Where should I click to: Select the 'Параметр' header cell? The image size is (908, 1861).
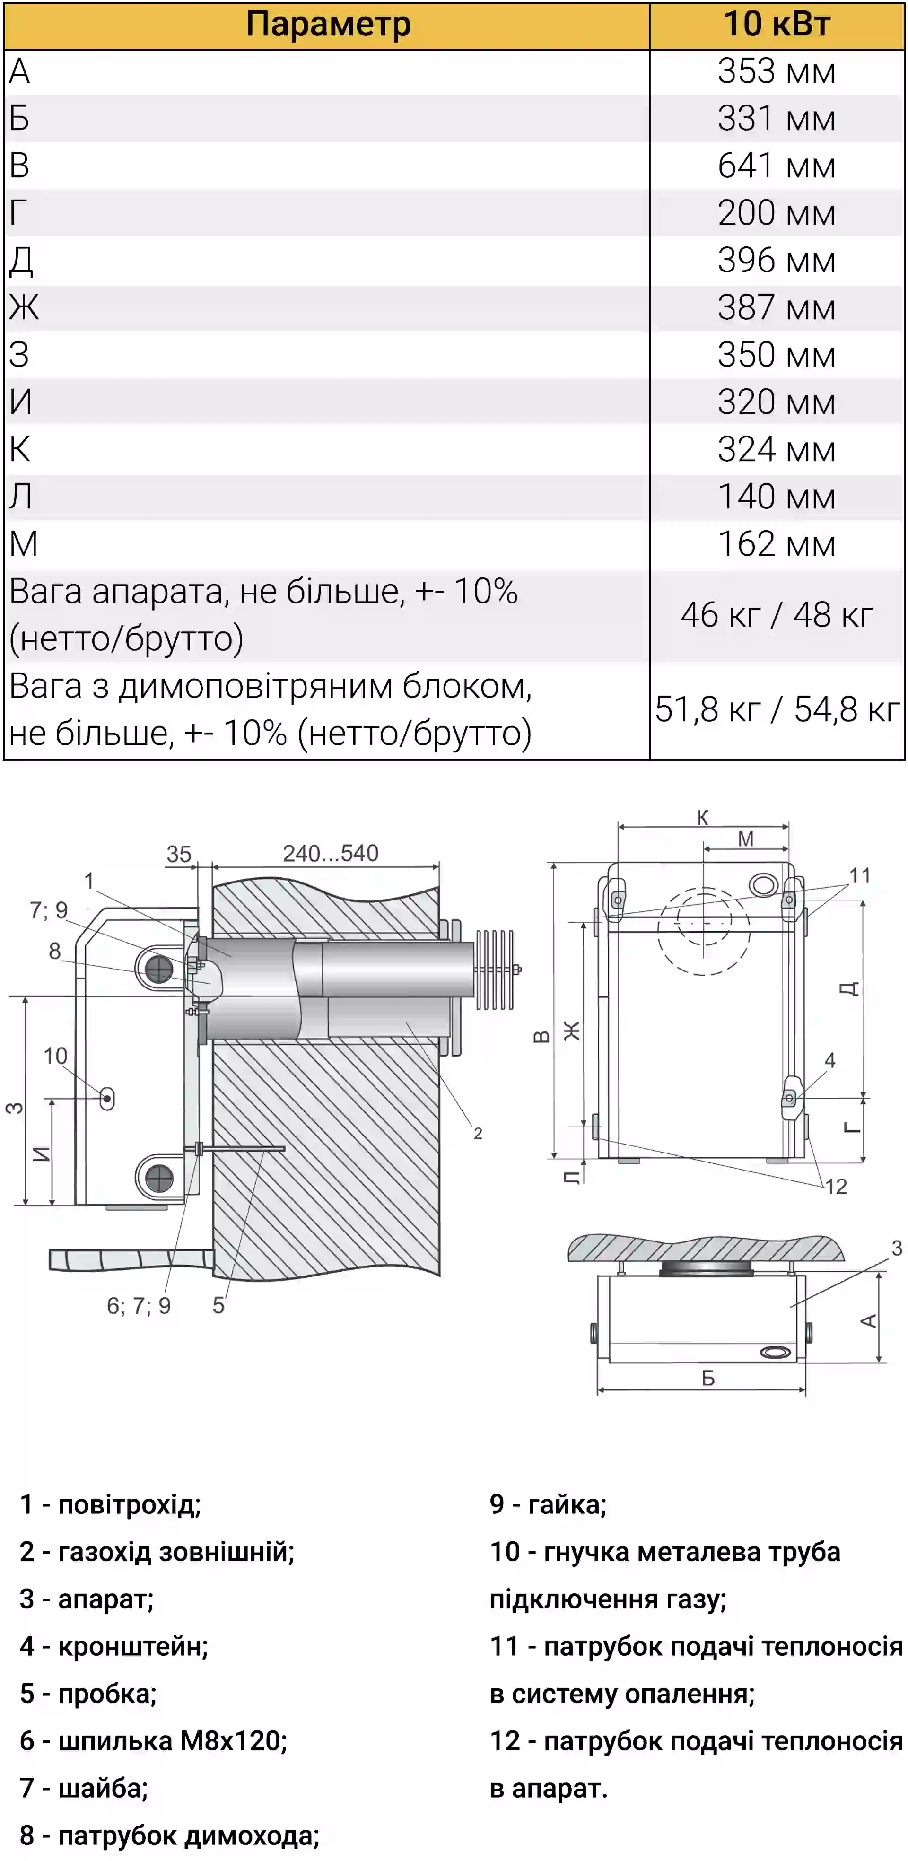(x=328, y=25)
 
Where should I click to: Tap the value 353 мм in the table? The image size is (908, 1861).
(x=777, y=71)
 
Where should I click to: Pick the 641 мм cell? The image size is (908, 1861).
(x=777, y=166)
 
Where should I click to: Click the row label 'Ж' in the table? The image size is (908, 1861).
(x=24, y=307)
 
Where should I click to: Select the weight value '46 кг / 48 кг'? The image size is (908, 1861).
(x=777, y=615)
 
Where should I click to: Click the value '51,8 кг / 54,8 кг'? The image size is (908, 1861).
(x=777, y=709)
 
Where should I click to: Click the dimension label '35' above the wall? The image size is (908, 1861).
(x=179, y=854)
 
